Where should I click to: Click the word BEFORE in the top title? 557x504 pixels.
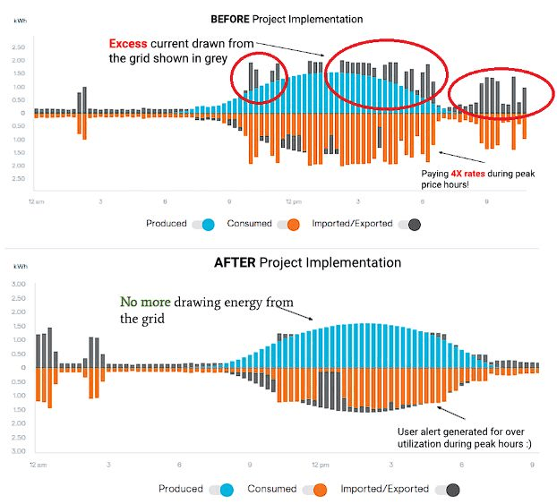point(231,18)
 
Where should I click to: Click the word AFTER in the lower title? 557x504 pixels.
point(236,262)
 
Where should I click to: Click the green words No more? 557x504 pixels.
point(144,303)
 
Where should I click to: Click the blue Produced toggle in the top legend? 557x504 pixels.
point(205,224)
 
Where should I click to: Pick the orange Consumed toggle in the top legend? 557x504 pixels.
point(290,224)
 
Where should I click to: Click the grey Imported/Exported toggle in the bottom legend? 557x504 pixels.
point(450,490)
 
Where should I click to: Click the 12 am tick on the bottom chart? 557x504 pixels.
point(37,465)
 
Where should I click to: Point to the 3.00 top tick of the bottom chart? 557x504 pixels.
point(16,284)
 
